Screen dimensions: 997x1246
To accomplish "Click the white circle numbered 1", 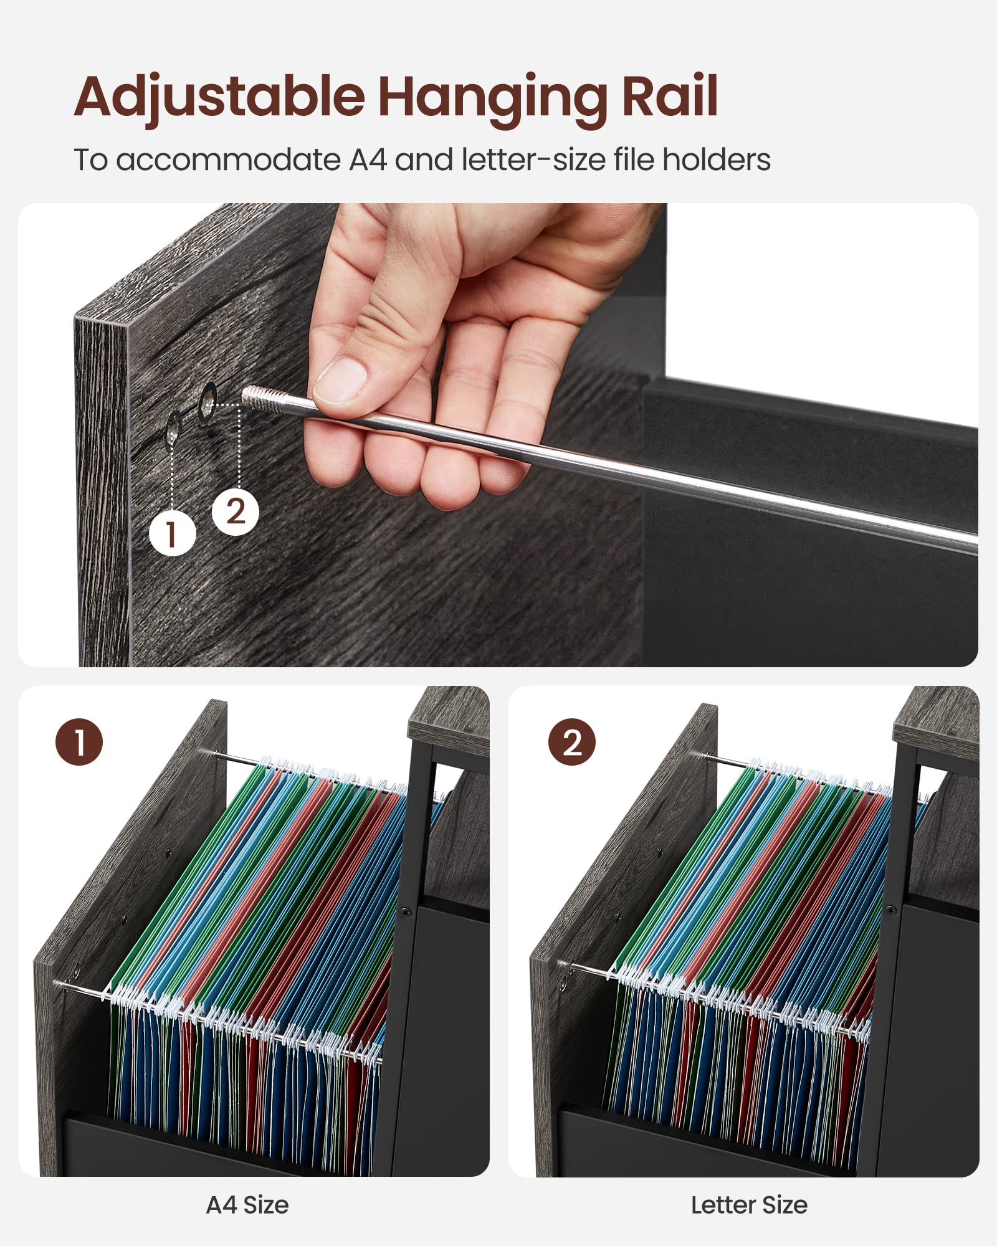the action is [173, 533].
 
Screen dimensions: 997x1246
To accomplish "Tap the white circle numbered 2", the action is [236, 512].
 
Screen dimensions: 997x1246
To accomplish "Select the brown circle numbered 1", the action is [80, 742].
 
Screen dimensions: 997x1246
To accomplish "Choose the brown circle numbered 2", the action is [572, 742].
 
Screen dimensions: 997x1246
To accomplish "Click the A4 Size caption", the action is [247, 1205].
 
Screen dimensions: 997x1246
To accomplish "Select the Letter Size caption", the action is [749, 1205].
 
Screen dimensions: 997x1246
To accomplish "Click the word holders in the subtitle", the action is [716, 159].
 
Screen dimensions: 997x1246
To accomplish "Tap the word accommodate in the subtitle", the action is [228, 161].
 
